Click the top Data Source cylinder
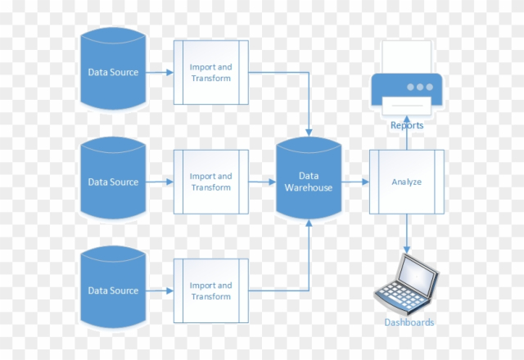click(x=113, y=72)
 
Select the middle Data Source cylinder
click(x=113, y=182)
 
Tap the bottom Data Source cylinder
click(x=113, y=290)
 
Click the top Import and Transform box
click(x=210, y=72)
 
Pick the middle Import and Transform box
click(x=210, y=182)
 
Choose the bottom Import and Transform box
click(x=210, y=290)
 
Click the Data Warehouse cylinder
click(x=308, y=182)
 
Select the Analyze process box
click(x=406, y=182)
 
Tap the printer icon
click(x=407, y=82)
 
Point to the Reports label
click(x=407, y=125)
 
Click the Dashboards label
click(x=409, y=322)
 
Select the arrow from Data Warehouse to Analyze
click(x=355, y=182)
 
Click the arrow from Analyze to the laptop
click(x=407, y=233)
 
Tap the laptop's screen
click(x=414, y=272)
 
